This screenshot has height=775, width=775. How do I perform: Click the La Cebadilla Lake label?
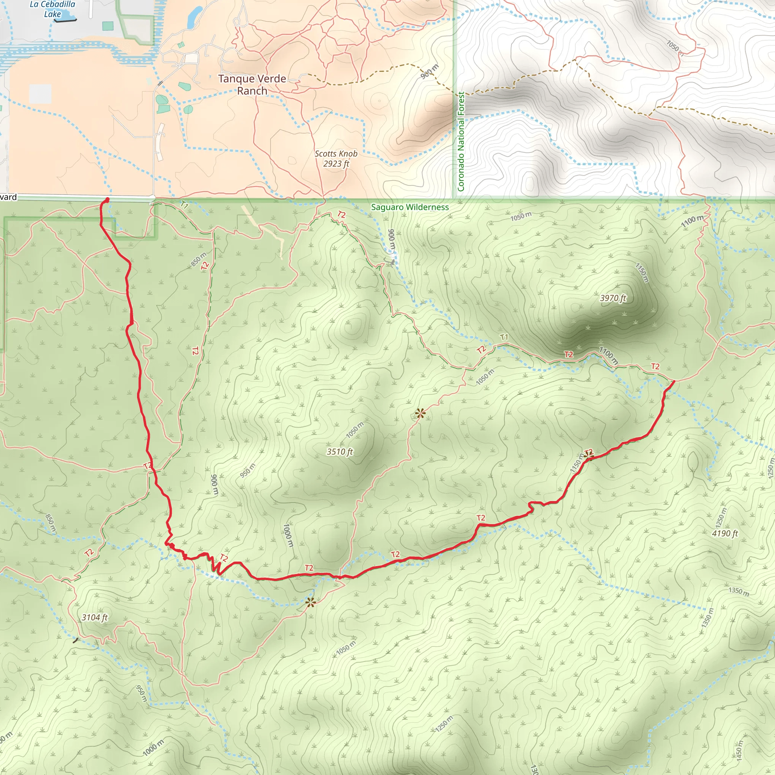pyautogui.click(x=53, y=9)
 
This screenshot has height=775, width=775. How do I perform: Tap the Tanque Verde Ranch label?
pyautogui.click(x=252, y=85)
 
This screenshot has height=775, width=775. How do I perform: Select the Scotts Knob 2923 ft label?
pyautogui.click(x=336, y=159)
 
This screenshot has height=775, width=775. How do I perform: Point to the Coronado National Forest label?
pyautogui.click(x=461, y=141)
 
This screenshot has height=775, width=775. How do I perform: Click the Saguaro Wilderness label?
pyautogui.click(x=409, y=207)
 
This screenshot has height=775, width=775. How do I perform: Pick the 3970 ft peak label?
pyautogui.click(x=613, y=298)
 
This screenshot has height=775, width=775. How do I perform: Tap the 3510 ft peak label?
pyautogui.click(x=340, y=452)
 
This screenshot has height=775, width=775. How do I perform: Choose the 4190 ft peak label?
pyautogui.click(x=725, y=533)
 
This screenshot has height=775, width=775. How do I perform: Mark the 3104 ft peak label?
pyautogui.click(x=95, y=617)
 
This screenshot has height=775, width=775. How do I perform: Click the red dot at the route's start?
pyautogui.click(x=107, y=200)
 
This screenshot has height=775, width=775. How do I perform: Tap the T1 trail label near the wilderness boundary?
pyautogui.click(x=184, y=205)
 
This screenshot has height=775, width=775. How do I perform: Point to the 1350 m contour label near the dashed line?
pyautogui.click(x=739, y=592)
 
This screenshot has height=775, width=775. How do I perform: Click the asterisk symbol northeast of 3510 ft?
pyautogui.click(x=420, y=413)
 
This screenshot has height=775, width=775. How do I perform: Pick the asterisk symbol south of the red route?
pyautogui.click(x=310, y=602)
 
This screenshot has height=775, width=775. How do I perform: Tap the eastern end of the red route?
pyautogui.click(x=673, y=381)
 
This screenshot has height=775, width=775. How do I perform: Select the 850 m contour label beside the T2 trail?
pyautogui.click(x=198, y=259)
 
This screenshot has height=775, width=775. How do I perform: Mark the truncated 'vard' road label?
pyautogui.click(x=8, y=197)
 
